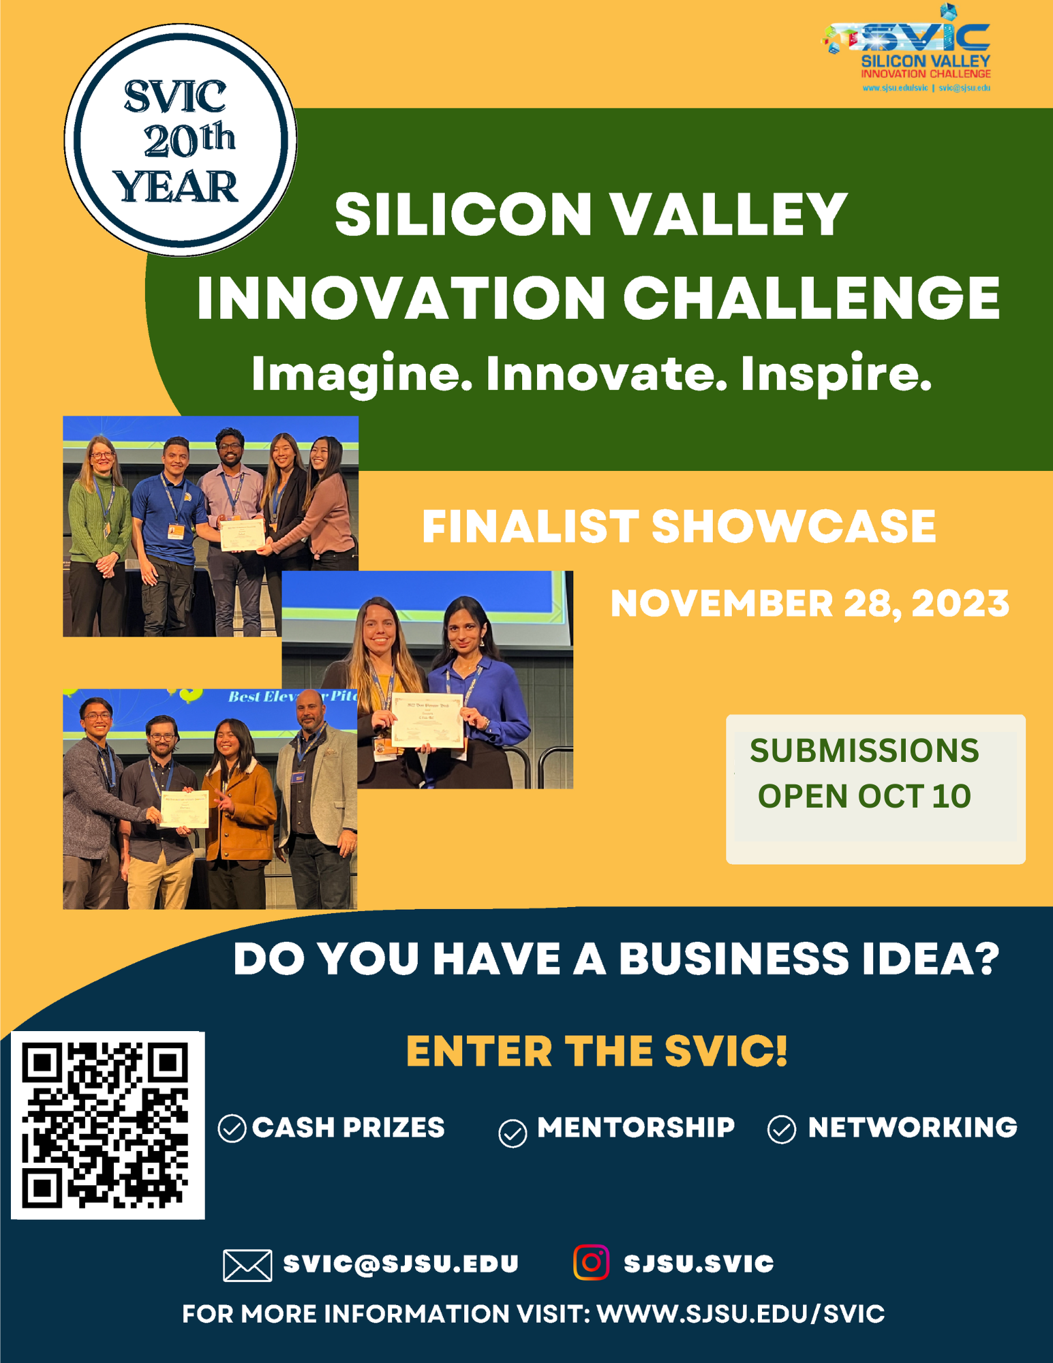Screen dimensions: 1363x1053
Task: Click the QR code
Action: point(108,1125)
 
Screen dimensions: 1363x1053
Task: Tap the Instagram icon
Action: point(591,1263)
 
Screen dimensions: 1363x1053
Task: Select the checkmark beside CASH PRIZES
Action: point(232,1129)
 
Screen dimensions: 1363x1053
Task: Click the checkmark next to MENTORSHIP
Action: point(513,1133)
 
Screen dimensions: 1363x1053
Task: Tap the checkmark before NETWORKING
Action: point(781,1129)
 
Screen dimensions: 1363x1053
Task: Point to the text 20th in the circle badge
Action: point(189,140)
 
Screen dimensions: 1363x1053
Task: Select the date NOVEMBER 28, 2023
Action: point(809,604)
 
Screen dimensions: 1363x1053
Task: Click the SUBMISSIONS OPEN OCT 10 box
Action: point(875,789)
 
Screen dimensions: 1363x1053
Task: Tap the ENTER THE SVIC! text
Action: point(596,1051)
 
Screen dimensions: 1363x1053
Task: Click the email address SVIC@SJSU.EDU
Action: point(401,1264)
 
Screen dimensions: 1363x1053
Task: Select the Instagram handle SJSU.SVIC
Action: point(699,1264)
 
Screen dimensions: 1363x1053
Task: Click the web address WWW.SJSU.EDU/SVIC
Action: point(741,1314)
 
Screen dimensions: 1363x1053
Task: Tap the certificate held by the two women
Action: point(427,720)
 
